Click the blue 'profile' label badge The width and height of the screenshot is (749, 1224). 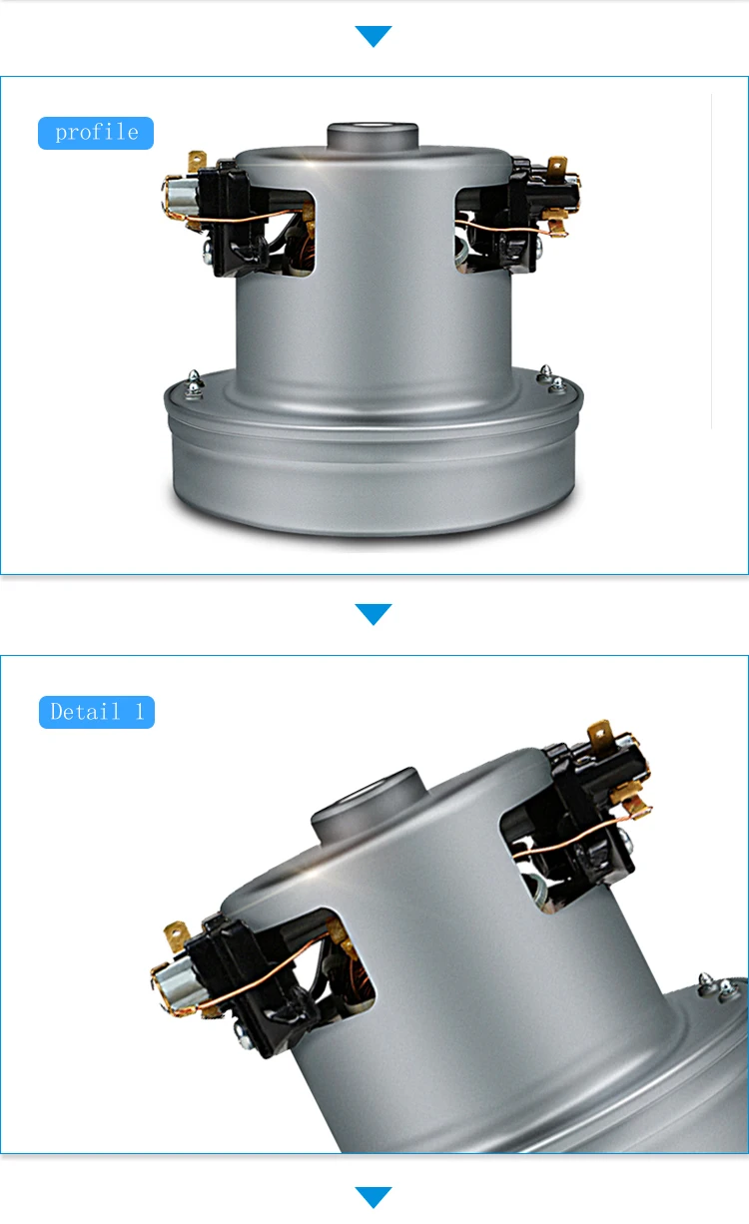tap(96, 133)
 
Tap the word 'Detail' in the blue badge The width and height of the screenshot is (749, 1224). tap(85, 712)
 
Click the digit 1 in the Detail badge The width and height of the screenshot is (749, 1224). tap(140, 712)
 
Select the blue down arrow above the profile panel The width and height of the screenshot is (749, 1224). tap(374, 36)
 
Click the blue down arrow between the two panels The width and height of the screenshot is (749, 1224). tap(374, 614)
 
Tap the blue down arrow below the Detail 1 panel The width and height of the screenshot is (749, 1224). tap(374, 1197)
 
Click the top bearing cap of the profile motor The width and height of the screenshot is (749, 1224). tap(373, 137)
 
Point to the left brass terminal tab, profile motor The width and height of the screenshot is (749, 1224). tap(197, 161)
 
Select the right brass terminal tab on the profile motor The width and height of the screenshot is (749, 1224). tap(557, 165)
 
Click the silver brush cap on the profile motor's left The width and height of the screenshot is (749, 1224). tap(180, 196)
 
